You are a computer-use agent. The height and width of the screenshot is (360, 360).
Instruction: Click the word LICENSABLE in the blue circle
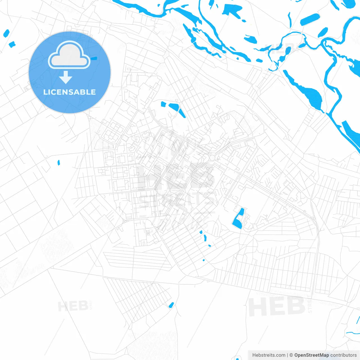pyautogui.click(x=69, y=92)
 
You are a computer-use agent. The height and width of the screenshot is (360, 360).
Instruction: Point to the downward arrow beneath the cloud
pyautogui.click(x=66, y=77)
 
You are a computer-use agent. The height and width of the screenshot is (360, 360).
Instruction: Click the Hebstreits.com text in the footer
pyautogui.click(x=269, y=355)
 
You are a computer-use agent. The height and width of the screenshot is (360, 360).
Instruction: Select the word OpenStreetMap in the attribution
pyautogui.click(x=311, y=355)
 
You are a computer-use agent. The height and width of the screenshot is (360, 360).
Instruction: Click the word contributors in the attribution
pyautogui.click(x=343, y=355)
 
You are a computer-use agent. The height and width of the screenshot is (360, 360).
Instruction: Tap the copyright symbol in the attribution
pyautogui.click(x=291, y=355)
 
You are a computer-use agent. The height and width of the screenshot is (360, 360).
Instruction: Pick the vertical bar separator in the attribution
pyautogui.click(x=287, y=355)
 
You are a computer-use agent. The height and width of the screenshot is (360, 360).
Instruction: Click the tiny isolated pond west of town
pyautogui.click(x=58, y=162)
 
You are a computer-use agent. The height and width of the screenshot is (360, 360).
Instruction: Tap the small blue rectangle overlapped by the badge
pyautogui.click(x=94, y=58)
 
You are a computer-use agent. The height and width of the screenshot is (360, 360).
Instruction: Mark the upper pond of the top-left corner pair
pyautogui.click(x=6, y=33)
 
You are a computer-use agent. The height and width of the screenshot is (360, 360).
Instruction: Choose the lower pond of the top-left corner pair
pyautogui.click(x=12, y=44)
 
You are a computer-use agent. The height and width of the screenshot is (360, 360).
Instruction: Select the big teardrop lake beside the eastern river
pyautogui.click(x=307, y=91)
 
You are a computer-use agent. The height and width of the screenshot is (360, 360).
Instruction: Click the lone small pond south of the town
pyautogui.click(x=171, y=305)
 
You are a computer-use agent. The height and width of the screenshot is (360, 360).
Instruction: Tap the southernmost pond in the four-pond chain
pyautogui.click(x=204, y=260)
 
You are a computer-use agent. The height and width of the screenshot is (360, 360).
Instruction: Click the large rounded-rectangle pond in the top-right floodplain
pyautogui.click(x=310, y=20)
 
